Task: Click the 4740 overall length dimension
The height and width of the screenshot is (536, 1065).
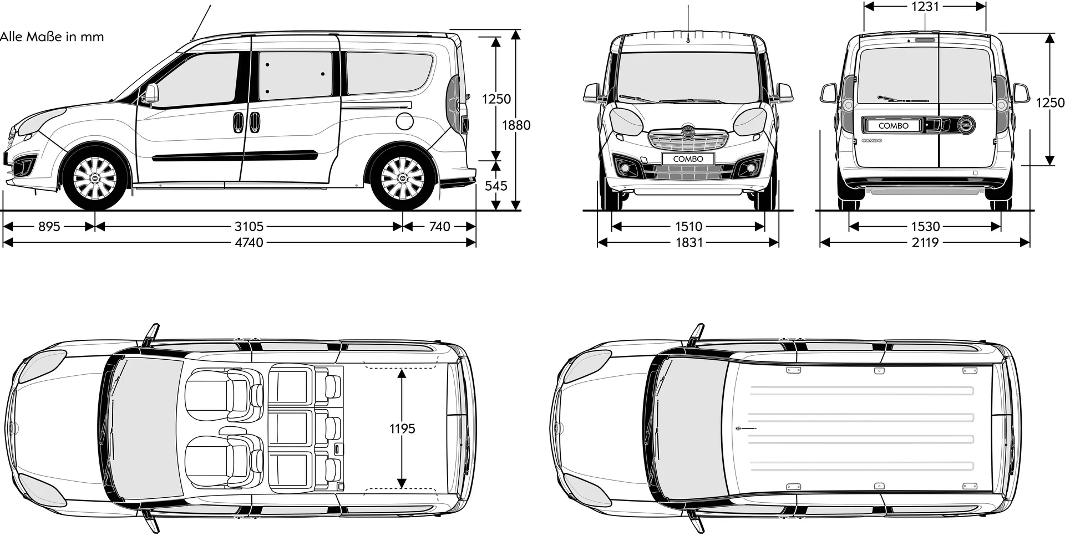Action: click(x=249, y=242)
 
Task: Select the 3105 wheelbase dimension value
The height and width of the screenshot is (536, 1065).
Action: click(x=249, y=226)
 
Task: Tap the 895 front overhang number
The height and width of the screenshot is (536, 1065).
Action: click(x=49, y=226)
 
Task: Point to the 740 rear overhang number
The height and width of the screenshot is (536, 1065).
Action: click(x=440, y=226)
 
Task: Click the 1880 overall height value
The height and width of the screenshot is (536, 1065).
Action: click(x=516, y=125)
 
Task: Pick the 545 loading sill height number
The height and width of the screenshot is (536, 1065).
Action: click(x=496, y=186)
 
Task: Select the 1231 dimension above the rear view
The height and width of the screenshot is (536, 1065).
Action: click(x=925, y=6)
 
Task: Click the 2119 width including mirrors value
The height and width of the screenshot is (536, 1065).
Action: click(x=925, y=242)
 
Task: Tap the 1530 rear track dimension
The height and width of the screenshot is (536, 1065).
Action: click(x=925, y=226)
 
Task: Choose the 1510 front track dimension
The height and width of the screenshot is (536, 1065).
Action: click(x=688, y=226)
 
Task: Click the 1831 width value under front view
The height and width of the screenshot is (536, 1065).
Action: click(x=688, y=242)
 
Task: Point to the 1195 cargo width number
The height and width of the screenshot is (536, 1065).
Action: click(x=402, y=428)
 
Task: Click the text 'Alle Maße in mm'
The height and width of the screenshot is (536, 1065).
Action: click(x=52, y=37)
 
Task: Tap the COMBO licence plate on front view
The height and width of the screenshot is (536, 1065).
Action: click(x=688, y=159)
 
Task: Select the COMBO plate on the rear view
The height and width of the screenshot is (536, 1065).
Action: click(x=894, y=126)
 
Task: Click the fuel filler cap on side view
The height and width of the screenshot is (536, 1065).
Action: click(x=405, y=120)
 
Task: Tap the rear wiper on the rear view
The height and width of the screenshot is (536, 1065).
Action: click(x=902, y=99)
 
